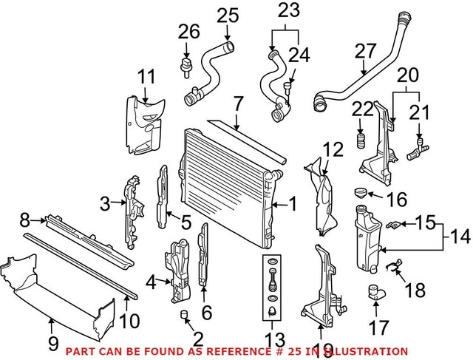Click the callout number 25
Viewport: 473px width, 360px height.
(228, 13)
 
